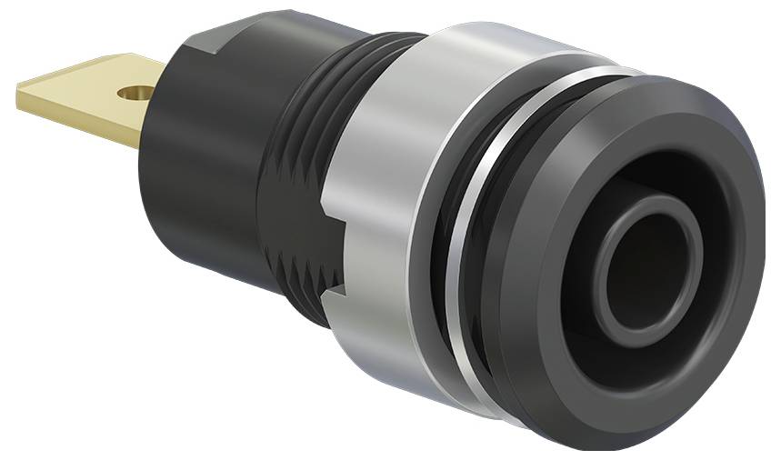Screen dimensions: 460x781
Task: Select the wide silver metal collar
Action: click(x=391, y=182)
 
